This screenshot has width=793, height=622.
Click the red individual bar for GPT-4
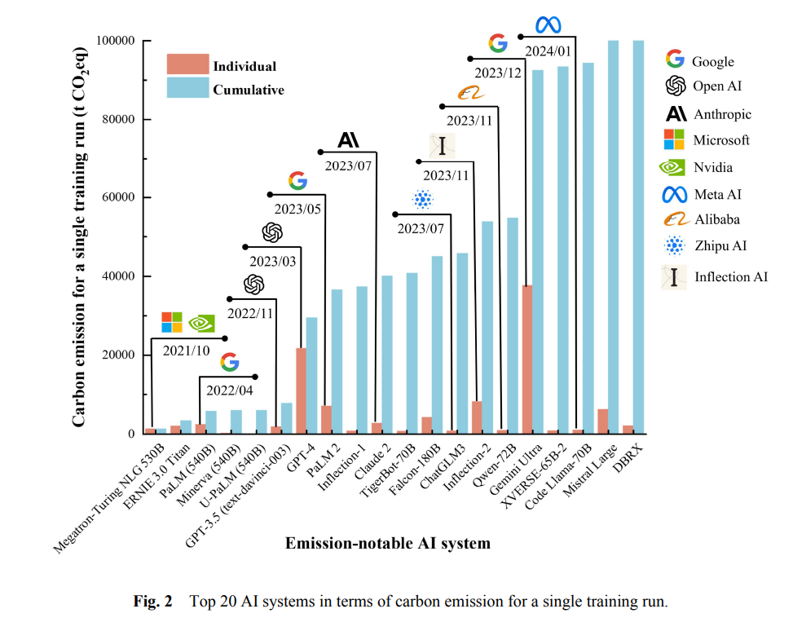[301, 391]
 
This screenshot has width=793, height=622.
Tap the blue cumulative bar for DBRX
[638, 237]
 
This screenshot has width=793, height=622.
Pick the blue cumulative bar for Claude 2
[387, 355]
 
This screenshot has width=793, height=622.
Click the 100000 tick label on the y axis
[117, 41]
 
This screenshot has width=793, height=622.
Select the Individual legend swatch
[187, 64]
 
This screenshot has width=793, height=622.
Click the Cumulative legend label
[249, 90]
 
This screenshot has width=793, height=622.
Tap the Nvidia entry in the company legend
[712, 167]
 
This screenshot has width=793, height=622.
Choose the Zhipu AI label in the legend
[720, 245]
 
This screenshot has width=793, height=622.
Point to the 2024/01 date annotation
[547, 51]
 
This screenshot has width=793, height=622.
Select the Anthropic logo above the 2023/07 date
[348, 140]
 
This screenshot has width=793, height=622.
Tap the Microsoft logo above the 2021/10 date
[172, 322]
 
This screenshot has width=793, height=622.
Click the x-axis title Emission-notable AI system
[387, 543]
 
